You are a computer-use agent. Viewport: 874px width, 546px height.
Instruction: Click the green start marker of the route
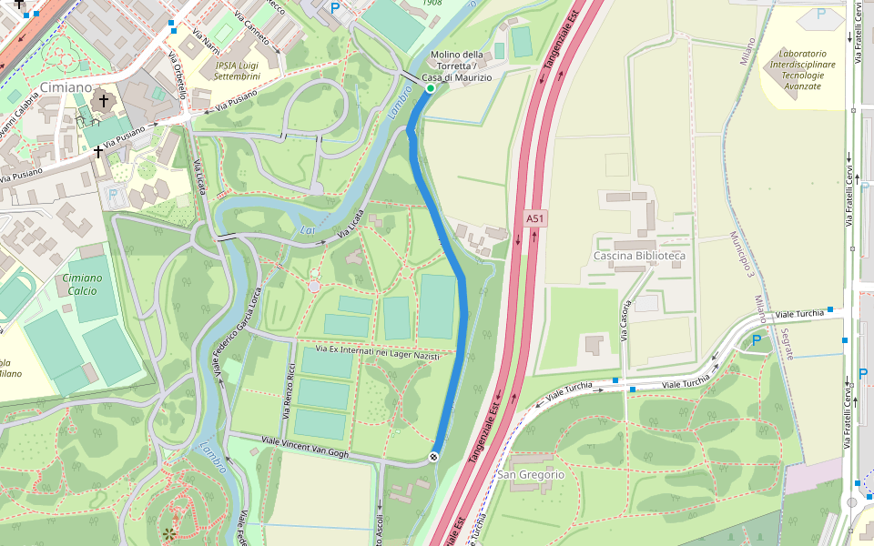(431, 88)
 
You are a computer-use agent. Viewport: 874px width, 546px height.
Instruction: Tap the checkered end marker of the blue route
(434, 457)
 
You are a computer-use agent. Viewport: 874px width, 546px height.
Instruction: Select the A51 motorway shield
(535, 219)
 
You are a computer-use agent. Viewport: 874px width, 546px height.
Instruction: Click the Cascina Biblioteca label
(639, 256)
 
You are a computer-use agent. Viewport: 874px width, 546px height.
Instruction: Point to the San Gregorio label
(531, 475)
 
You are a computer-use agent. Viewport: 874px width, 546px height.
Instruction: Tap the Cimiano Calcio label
(82, 284)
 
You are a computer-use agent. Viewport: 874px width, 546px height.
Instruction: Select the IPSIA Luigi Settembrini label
(238, 70)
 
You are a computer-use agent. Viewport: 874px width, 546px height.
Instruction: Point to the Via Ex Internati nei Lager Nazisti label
(383, 350)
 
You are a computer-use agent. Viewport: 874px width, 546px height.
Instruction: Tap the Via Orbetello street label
(177, 75)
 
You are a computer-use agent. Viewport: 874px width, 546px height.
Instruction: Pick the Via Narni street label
(206, 42)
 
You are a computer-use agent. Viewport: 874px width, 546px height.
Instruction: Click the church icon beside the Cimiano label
(104, 101)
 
